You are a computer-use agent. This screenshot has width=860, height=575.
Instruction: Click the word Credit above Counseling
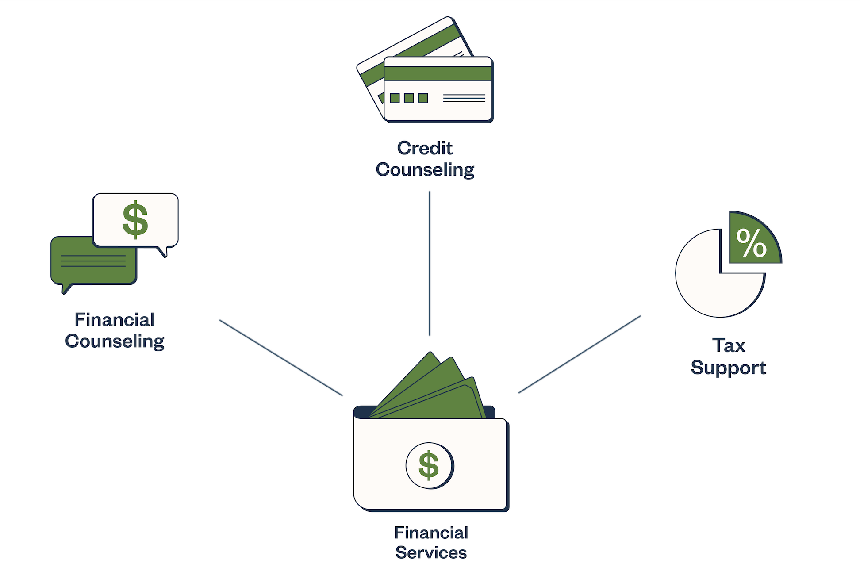point(425,148)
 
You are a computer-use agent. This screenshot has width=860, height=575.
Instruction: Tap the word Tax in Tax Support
point(729,345)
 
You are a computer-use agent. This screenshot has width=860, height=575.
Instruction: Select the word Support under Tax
point(728,368)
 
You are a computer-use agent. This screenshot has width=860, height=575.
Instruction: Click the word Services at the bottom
point(431,553)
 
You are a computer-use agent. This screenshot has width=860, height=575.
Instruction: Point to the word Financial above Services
point(431,533)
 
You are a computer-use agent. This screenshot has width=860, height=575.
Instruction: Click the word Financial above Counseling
point(114,320)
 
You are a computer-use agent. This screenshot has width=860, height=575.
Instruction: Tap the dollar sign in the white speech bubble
point(135,220)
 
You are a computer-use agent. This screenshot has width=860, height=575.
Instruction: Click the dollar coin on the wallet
point(429,465)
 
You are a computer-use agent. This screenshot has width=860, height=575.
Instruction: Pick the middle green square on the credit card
point(409,98)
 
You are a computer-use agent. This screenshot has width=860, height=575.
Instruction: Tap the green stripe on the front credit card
point(438,73)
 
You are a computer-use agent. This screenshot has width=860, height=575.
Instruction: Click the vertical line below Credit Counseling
point(430,263)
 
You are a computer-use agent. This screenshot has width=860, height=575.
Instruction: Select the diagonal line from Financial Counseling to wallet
point(281,358)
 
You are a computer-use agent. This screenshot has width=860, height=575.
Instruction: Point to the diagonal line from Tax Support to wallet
point(580,354)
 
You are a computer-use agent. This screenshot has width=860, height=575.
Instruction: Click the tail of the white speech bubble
point(163,252)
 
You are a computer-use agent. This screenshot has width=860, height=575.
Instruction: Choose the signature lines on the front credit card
point(464,98)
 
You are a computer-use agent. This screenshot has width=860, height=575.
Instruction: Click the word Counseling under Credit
point(425,170)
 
